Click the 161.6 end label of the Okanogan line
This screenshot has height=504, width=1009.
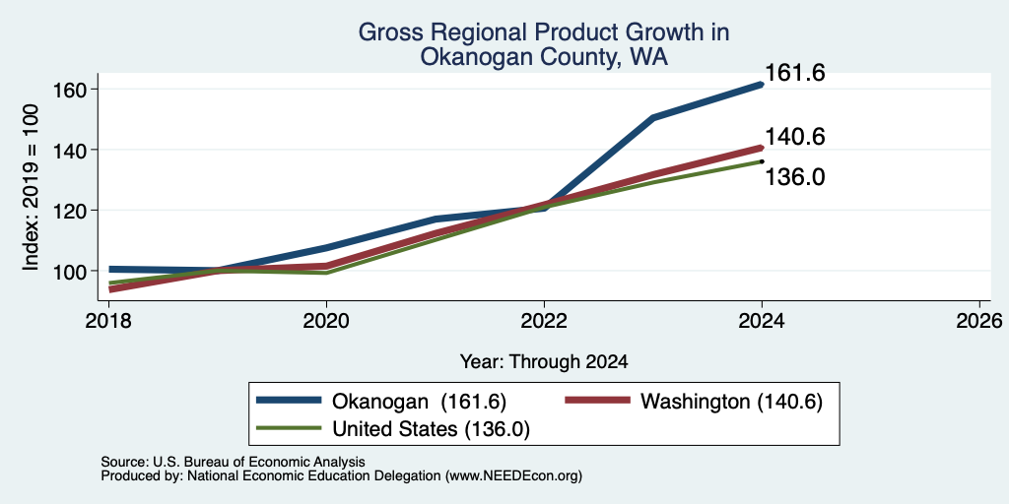point(795,73)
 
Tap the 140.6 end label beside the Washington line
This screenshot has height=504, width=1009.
point(795,136)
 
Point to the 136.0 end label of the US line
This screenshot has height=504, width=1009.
point(795,177)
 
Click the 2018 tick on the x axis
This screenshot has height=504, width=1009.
point(108,320)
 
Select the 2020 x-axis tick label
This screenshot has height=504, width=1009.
point(326,320)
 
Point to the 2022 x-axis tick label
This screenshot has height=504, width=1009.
point(544,320)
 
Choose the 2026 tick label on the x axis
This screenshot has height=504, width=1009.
point(980,320)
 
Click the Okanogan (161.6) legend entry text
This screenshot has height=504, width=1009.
point(419,402)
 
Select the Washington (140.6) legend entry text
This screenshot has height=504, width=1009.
point(732,402)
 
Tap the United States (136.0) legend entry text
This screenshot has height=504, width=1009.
point(431,429)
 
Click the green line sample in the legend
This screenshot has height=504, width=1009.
point(289,427)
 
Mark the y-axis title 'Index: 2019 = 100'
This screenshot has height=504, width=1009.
point(31,187)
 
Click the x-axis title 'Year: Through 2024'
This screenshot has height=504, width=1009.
point(544,362)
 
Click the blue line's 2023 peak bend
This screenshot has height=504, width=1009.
point(653,118)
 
